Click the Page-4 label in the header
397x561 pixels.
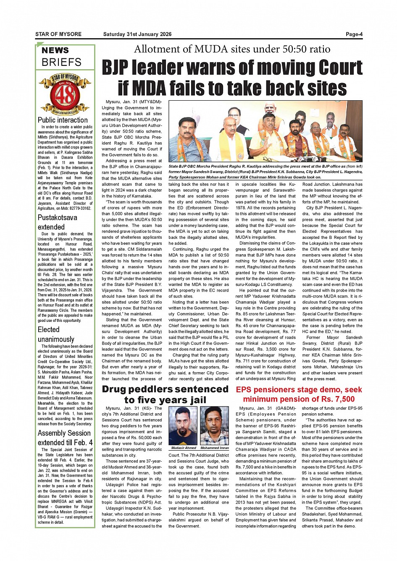point(354,34)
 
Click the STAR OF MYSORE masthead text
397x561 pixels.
point(58,34)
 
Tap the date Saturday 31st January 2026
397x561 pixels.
point(137,34)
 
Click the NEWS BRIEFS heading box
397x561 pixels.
point(65,57)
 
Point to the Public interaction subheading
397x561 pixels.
point(63,120)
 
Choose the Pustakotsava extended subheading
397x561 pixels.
point(58,222)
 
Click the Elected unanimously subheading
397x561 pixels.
point(56,334)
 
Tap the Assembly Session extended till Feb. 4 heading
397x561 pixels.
point(65,438)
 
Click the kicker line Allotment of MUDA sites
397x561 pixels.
point(232,49)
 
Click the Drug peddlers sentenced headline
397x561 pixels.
point(165,394)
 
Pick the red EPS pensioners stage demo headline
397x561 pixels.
point(299,394)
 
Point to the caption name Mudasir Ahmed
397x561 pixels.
point(183,448)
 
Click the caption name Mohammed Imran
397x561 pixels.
point(215,448)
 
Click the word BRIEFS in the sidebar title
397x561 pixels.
point(61,63)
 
